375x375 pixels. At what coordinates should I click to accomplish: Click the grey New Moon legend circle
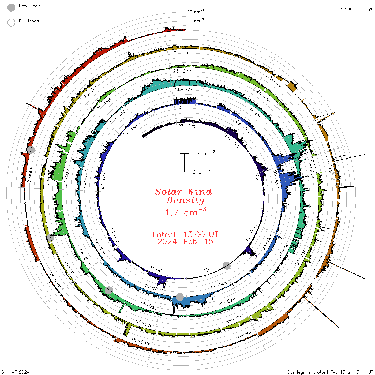[x=11, y=8]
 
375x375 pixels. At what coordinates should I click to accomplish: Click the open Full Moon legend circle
[x=11, y=22]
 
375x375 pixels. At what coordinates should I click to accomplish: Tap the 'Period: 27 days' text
[x=356, y=9]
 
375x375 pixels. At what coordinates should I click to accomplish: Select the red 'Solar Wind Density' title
[x=183, y=196]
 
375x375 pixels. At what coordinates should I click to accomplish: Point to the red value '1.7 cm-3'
[x=186, y=212]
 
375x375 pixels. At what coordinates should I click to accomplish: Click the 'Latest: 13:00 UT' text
[x=185, y=235]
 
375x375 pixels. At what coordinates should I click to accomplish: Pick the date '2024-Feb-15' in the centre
[x=185, y=242]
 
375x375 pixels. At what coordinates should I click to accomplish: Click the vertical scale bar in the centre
[x=184, y=163]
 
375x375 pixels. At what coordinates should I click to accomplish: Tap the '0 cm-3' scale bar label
[x=202, y=172]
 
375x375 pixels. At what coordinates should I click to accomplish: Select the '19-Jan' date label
[x=179, y=53]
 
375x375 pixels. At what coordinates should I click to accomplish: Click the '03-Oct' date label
[x=186, y=126]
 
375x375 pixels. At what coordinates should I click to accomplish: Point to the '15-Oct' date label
[x=212, y=268]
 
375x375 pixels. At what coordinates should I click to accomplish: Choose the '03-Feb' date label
[x=140, y=342]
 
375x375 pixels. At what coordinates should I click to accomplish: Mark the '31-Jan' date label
[x=244, y=335]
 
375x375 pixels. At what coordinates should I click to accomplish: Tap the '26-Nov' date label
[x=184, y=89]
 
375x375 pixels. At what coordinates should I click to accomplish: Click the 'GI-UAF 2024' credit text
[x=16, y=372]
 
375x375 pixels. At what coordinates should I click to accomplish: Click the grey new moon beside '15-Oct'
[x=227, y=266]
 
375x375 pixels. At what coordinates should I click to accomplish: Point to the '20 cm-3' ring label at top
[x=195, y=21]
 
